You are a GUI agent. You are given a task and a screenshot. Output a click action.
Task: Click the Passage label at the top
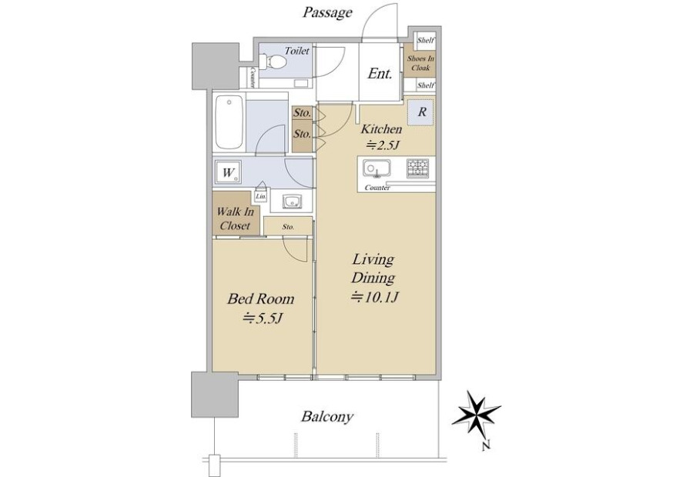[327, 13]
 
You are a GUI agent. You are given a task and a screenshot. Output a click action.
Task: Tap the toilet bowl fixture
[273, 62]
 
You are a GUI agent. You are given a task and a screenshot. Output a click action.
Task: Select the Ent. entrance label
[380, 73]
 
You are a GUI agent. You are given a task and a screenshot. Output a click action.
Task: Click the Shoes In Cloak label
[420, 63]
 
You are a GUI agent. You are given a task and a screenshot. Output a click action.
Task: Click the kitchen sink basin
[377, 168]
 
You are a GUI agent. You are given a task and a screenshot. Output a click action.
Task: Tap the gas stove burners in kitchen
[417, 168]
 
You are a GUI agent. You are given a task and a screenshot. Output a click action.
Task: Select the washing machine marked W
[229, 172]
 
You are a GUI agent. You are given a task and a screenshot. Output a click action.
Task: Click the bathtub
[229, 123]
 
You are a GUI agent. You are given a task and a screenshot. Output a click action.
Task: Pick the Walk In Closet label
[235, 218]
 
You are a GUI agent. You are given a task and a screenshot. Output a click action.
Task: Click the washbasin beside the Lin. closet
[292, 202]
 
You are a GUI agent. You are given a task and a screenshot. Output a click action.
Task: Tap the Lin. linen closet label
[261, 196]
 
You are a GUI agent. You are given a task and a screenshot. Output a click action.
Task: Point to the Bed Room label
[261, 299]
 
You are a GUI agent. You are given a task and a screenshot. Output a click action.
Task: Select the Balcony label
[327, 416]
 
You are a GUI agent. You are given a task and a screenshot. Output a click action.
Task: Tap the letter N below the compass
[486, 446]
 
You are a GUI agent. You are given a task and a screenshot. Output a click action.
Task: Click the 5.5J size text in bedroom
[263, 317]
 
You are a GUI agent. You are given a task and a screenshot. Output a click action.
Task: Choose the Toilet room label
[296, 51]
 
